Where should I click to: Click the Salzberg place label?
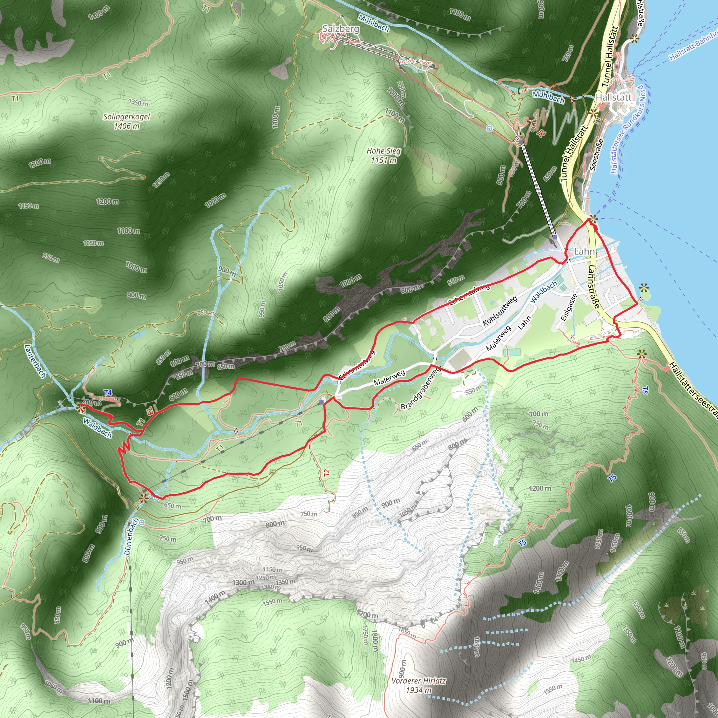[340, 29]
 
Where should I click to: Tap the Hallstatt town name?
[613, 97]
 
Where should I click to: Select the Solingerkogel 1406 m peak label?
[126, 121]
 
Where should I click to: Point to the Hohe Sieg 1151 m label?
[384, 155]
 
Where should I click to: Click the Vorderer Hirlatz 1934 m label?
[419, 685]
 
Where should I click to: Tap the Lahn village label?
[584, 252]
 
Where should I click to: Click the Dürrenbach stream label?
[131, 536]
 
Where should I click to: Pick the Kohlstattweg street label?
[500, 311]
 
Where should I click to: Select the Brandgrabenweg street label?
[421, 388]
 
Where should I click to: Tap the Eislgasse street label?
[569, 307]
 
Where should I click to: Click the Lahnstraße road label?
[594, 286]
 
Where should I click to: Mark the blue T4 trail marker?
[108, 393]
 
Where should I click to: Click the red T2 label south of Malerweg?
[326, 473]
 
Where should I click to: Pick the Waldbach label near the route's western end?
[97, 428]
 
